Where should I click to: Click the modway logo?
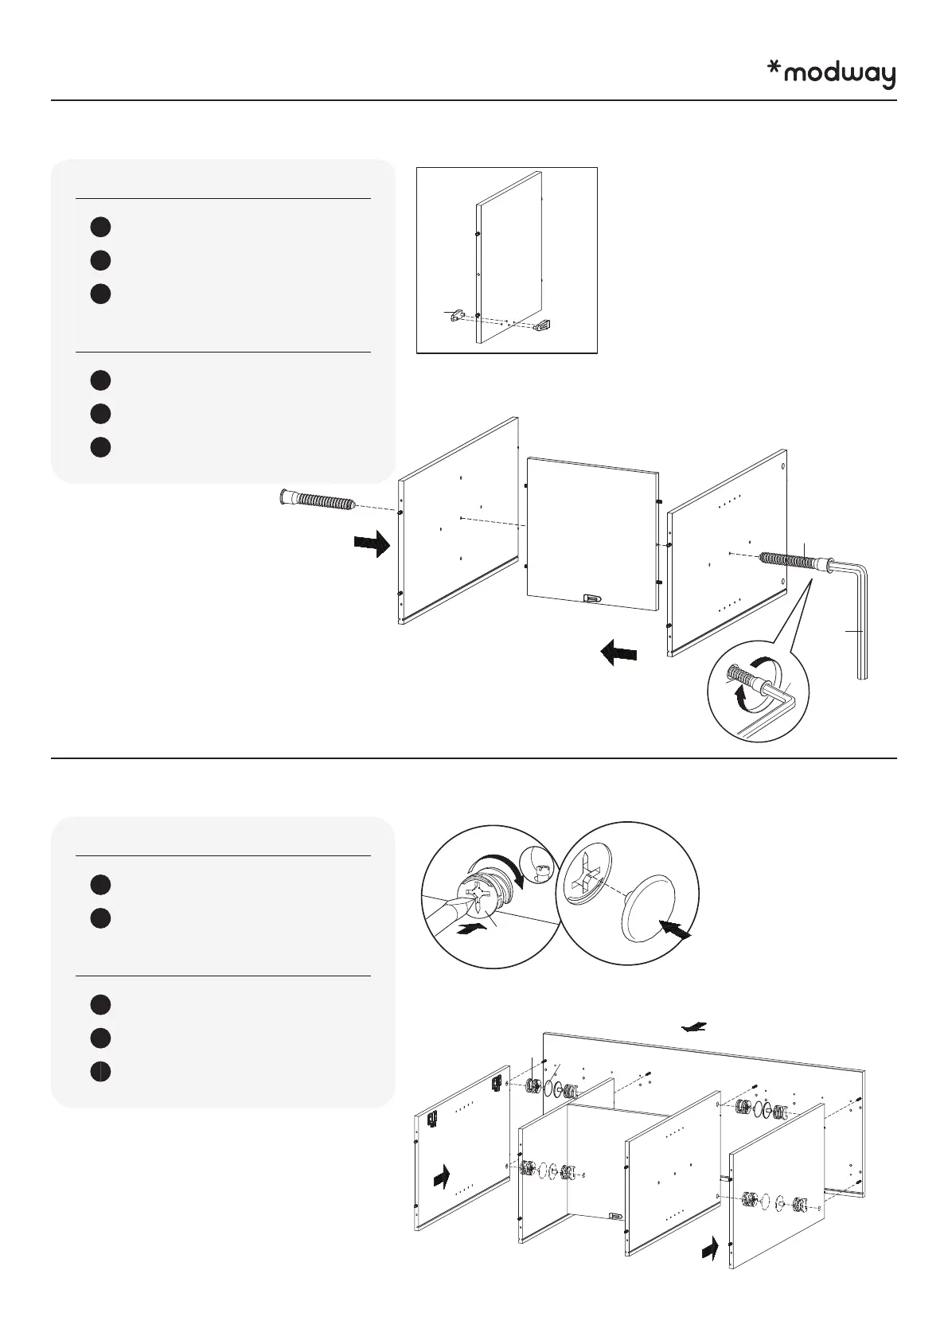tap(831, 75)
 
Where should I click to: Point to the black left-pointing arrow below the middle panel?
tap(618, 654)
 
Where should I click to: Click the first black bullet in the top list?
tap(99, 227)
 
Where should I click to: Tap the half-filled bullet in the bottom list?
tap(99, 1071)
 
